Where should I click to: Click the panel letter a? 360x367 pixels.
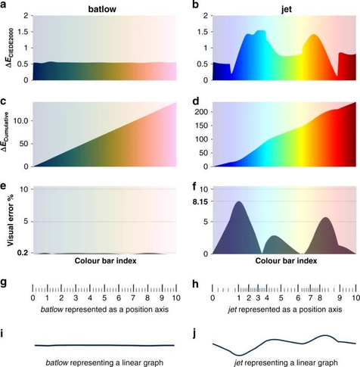[5, 6]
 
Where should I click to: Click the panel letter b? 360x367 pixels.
[187, 6]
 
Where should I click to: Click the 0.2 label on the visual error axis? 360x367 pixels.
[21, 252]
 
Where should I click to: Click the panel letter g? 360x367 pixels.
[5, 283]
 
